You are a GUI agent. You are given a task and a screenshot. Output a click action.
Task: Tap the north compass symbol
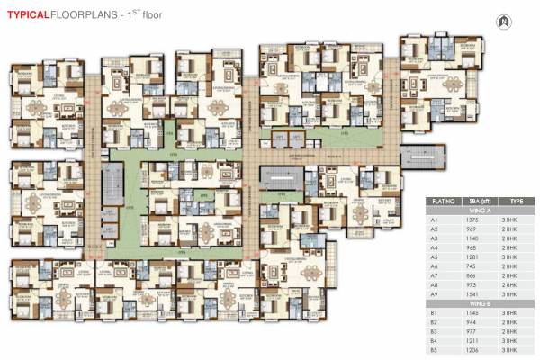[502, 19]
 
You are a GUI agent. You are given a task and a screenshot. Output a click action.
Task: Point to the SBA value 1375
[471, 219]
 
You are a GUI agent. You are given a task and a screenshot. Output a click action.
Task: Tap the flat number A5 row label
[434, 256]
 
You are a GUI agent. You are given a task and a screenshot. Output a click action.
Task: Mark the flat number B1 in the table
[434, 312]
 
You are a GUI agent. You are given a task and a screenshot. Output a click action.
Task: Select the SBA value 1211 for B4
[471, 340]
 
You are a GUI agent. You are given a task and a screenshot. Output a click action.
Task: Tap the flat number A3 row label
[434, 238]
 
